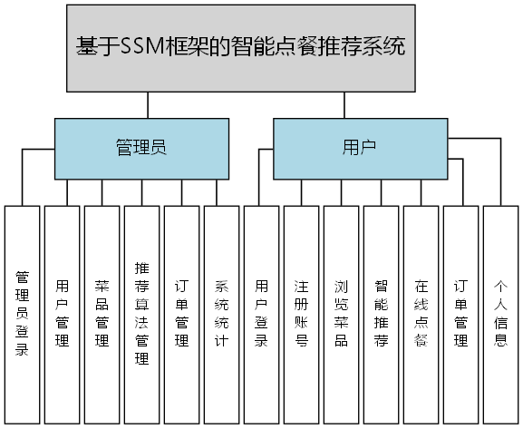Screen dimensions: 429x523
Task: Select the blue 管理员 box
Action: click(x=141, y=148)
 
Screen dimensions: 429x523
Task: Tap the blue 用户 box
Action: click(x=360, y=148)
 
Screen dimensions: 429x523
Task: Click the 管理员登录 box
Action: click(x=23, y=314)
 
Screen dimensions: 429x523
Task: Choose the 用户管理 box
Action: click(x=63, y=314)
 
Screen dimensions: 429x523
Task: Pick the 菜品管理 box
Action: click(x=102, y=314)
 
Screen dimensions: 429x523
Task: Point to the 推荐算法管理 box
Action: click(x=142, y=314)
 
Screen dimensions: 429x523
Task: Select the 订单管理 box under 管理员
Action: click(x=182, y=314)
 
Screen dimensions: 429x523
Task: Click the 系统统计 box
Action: click(x=222, y=314)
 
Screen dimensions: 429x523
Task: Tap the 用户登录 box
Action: click(x=262, y=314)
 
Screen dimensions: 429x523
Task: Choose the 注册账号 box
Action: click(x=302, y=314)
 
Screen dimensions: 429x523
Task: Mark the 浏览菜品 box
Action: click(x=342, y=314)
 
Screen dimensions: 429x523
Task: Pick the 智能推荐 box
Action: click(x=382, y=314)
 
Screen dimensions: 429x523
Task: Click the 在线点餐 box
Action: click(x=421, y=314)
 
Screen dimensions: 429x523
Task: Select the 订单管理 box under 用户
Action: click(x=461, y=314)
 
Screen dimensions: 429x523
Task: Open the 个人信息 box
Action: click(x=501, y=314)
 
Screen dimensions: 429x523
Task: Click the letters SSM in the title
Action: click(x=141, y=48)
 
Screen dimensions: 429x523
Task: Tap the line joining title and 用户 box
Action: click(x=344, y=104)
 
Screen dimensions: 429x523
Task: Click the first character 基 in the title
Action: click(x=86, y=48)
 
